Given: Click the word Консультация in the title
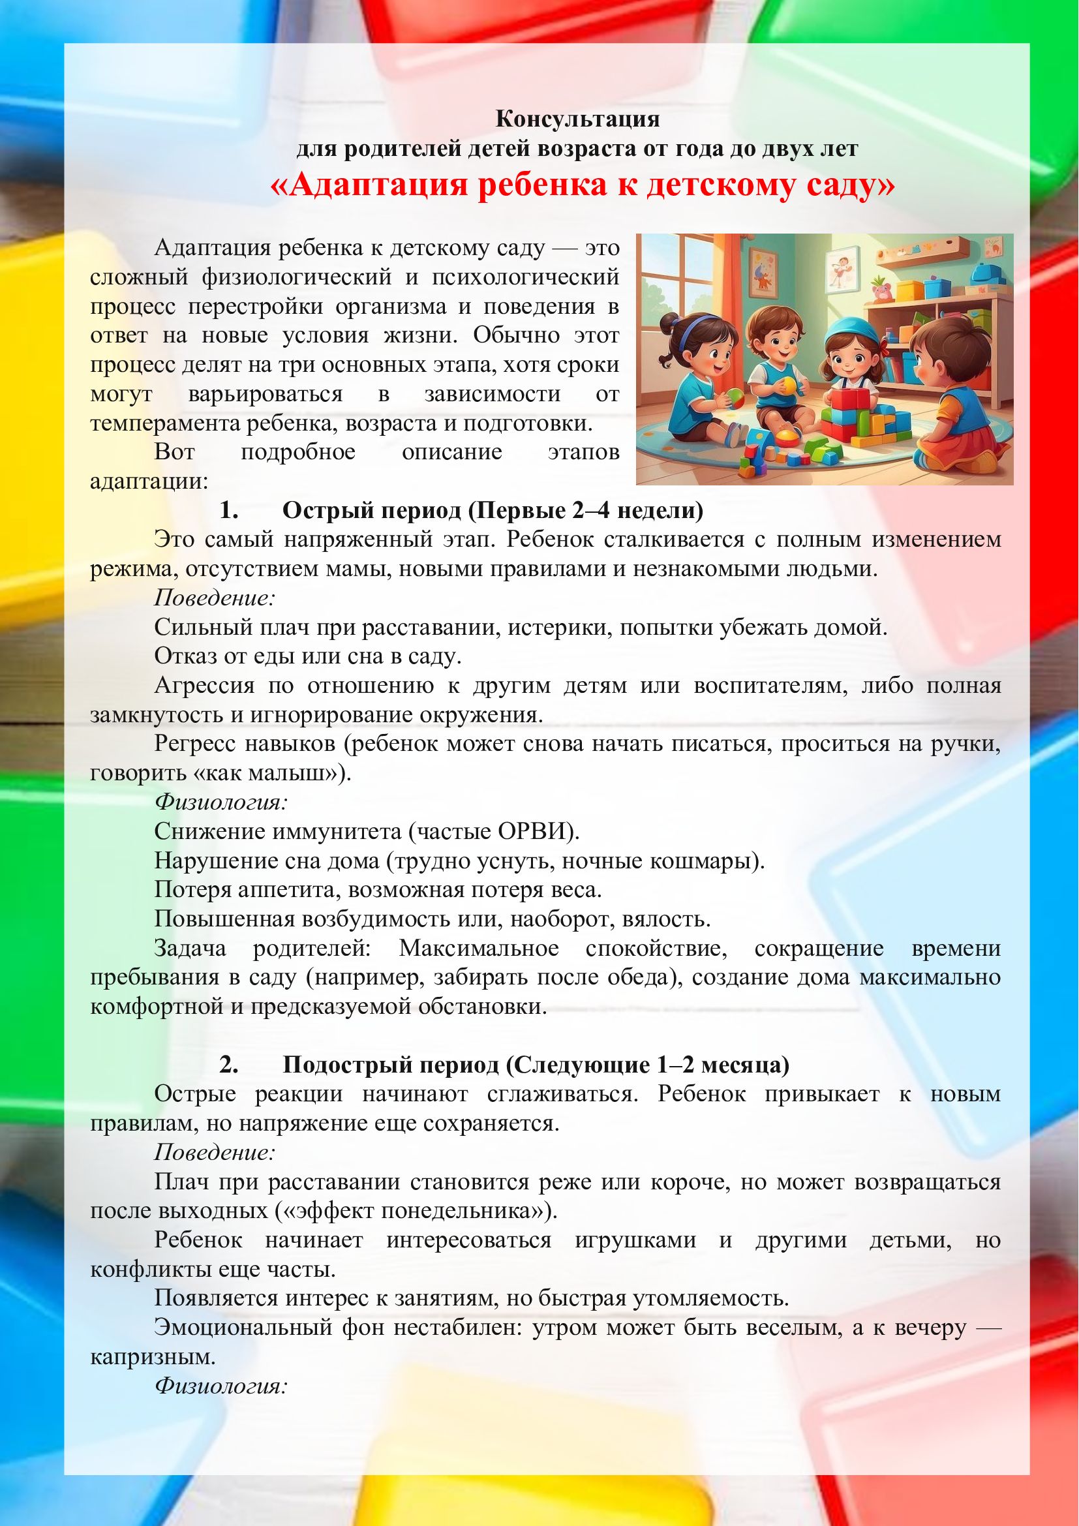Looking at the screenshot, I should tap(577, 119).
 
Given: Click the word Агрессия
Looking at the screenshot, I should tap(204, 685).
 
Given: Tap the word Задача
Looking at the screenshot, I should tap(190, 949).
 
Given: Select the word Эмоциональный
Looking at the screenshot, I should tap(243, 1328).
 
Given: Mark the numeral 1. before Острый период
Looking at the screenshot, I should tap(228, 510).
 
